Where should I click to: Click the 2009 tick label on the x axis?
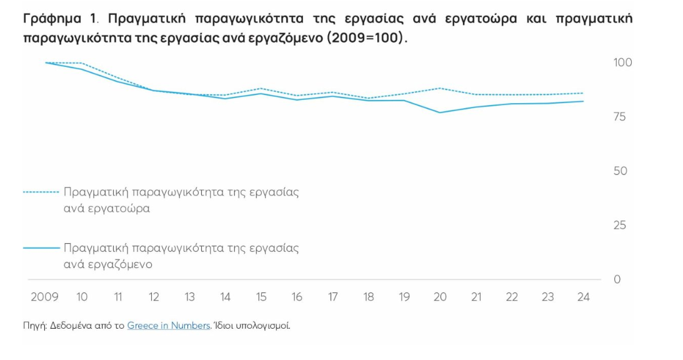point(44,297)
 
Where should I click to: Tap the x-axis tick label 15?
point(261,297)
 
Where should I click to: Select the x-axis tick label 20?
point(440,297)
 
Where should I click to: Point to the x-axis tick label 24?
point(583,297)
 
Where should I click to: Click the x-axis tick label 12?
point(154,297)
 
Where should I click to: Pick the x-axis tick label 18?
point(369,297)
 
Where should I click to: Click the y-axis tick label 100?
point(622,62)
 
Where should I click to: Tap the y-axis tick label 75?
point(619,117)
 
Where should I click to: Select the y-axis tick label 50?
point(619,171)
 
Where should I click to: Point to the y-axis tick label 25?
point(619,225)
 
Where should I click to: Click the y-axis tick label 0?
point(617,279)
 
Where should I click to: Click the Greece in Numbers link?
point(168,326)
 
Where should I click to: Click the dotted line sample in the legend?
point(41,192)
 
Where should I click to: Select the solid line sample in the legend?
point(41,248)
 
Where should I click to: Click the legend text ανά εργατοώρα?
point(107,209)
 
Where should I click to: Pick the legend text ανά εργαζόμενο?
point(108,264)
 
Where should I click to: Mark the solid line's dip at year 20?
point(441,112)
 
